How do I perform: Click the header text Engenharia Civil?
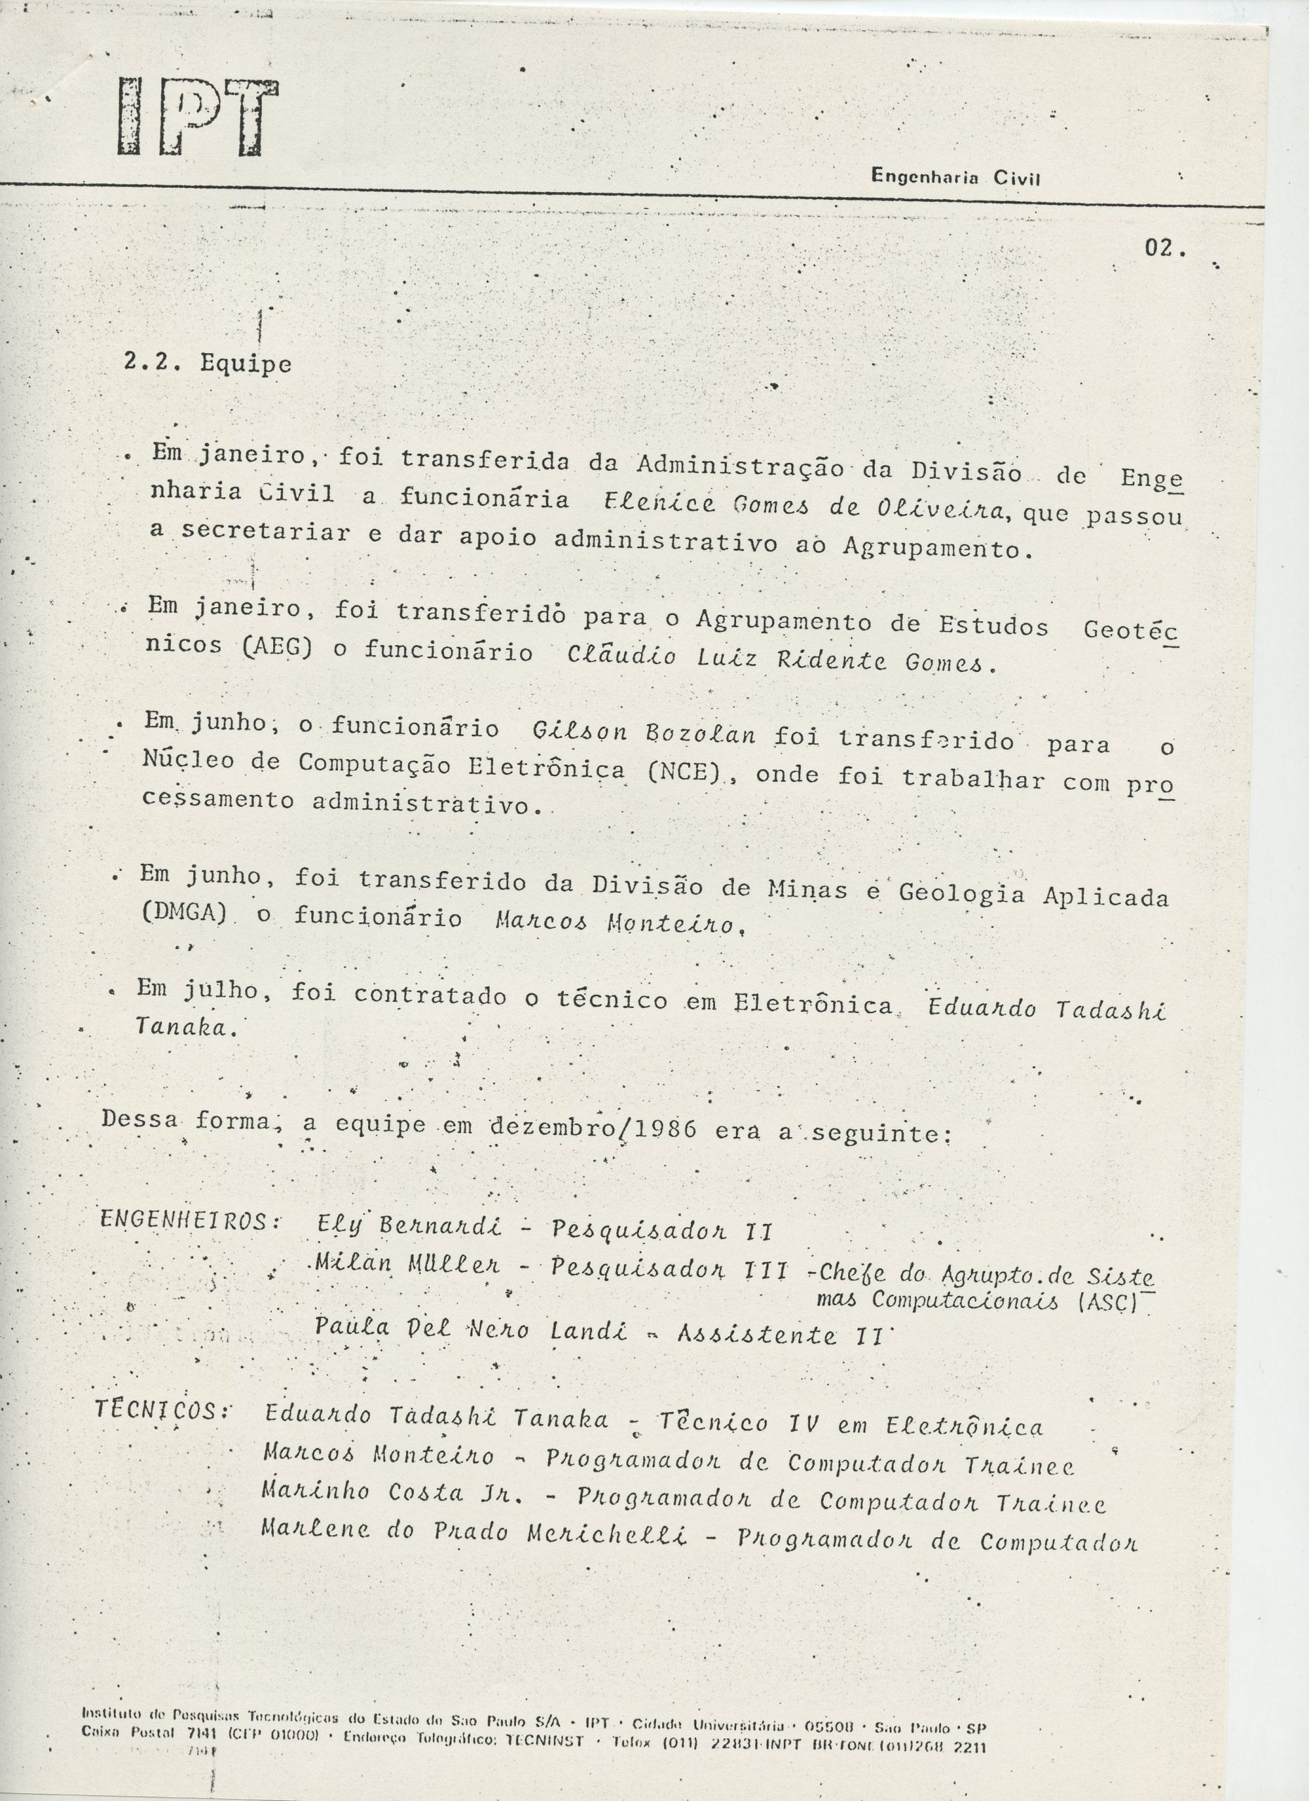[956, 177]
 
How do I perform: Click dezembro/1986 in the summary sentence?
[592, 1128]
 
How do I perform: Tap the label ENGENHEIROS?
[190, 1221]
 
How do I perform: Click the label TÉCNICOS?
[162, 1411]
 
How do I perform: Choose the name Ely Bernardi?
[408, 1226]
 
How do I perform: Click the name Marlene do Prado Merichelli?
[474, 1534]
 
